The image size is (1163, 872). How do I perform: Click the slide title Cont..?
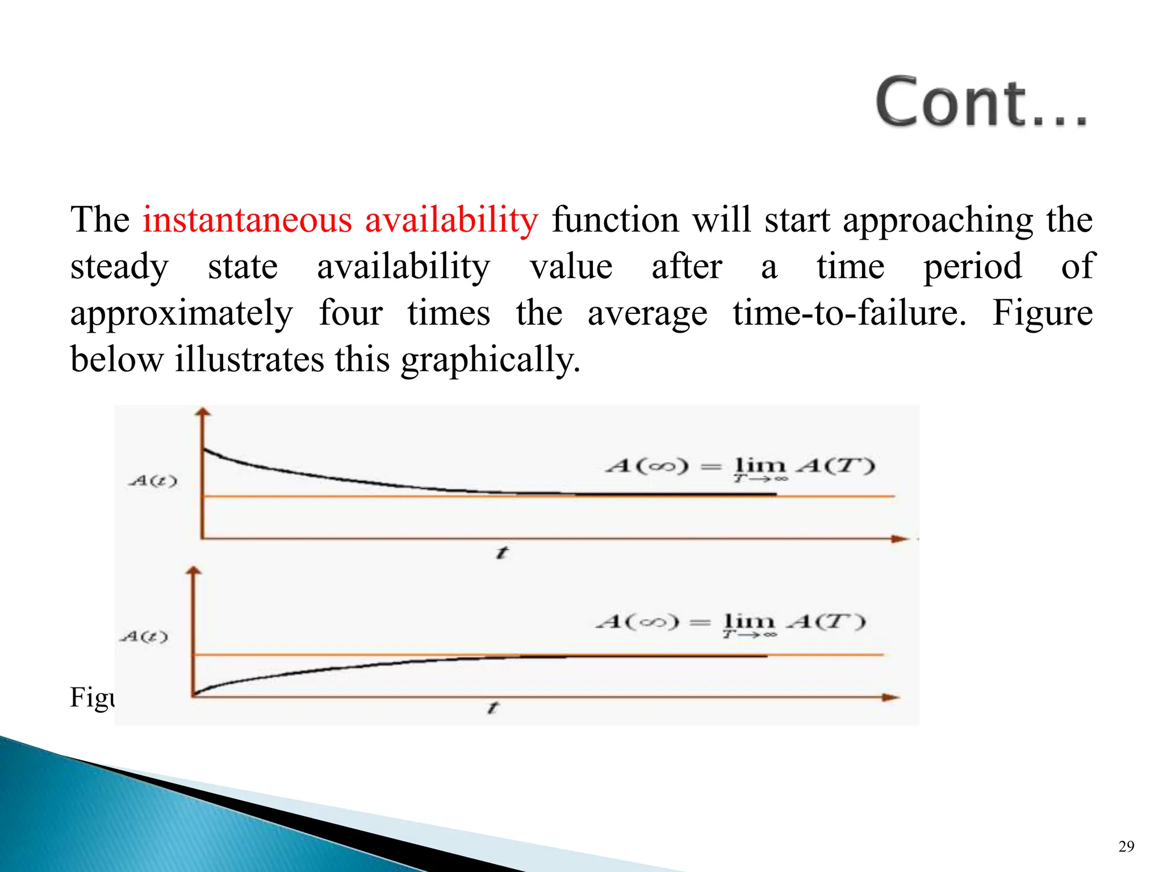pyautogui.click(x=980, y=103)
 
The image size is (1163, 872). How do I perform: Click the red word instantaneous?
pyautogui.click(x=247, y=220)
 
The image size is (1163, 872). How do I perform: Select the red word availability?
pyautogui.click(x=451, y=220)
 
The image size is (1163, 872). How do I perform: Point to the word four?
pyautogui.click(x=350, y=313)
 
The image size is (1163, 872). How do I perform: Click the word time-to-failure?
pyautogui.click(x=849, y=313)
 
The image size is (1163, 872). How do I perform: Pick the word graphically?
pyautogui.click(x=491, y=360)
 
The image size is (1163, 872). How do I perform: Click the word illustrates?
pyautogui.click(x=249, y=359)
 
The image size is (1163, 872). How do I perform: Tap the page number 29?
pyautogui.click(x=1126, y=846)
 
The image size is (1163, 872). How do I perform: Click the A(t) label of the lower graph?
pyautogui.click(x=144, y=636)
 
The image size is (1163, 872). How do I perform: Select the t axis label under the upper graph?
pyautogui.click(x=502, y=552)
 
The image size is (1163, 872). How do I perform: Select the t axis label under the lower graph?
pyautogui.click(x=493, y=707)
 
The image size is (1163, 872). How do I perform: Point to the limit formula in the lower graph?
pyautogui.click(x=731, y=623)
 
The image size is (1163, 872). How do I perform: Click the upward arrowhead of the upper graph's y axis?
pyautogui.click(x=203, y=412)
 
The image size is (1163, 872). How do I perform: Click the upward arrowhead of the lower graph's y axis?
pyautogui.click(x=194, y=570)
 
